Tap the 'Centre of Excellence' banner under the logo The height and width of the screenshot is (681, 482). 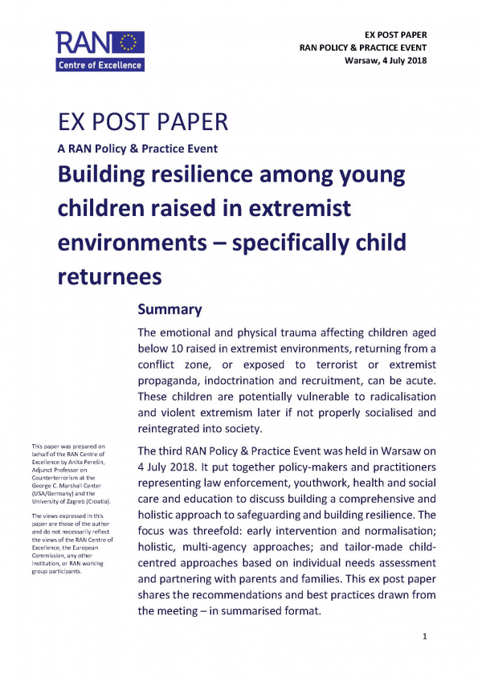pos(100,65)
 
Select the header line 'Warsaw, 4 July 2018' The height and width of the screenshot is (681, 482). pos(385,61)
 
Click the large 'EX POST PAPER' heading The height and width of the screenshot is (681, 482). pos(143,123)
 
